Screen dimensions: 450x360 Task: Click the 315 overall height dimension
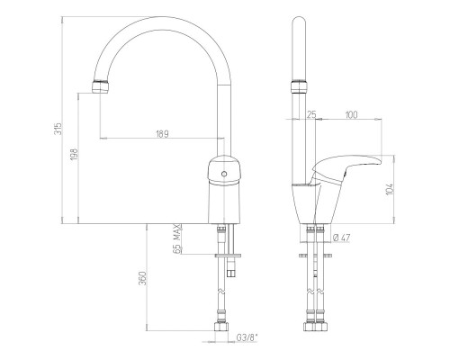(x=59, y=129)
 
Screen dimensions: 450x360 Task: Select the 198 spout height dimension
(x=75, y=154)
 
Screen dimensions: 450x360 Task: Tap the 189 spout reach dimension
(x=162, y=134)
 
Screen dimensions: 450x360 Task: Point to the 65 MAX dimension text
(x=178, y=239)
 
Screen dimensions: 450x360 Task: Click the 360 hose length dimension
(x=144, y=278)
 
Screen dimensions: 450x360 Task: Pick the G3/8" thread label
(x=247, y=337)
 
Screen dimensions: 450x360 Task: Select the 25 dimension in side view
(x=311, y=114)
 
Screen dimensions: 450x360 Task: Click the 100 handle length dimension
(x=351, y=115)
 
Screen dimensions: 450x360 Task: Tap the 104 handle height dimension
(x=390, y=189)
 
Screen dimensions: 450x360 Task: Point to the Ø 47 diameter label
(x=341, y=238)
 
